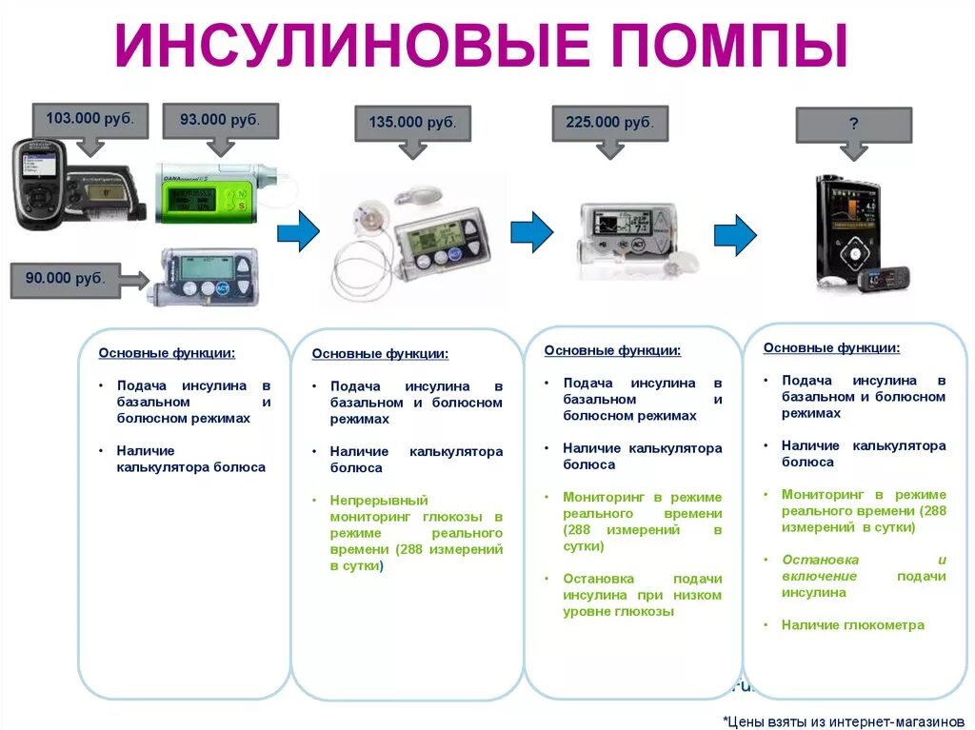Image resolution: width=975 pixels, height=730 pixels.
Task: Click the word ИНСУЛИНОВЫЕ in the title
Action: coord(351,45)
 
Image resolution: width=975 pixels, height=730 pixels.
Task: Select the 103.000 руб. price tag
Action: coord(90,120)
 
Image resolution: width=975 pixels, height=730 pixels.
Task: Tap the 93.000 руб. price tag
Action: coord(220,120)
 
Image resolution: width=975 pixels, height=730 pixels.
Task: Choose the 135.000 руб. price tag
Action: coord(412,123)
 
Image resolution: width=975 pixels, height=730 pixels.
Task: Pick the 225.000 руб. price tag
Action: coord(609,123)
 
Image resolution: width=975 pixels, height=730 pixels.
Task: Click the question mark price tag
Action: coord(853,124)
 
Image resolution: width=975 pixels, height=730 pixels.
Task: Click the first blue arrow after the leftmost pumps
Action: coord(298,232)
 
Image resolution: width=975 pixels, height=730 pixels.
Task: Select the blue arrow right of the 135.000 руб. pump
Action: coord(531,231)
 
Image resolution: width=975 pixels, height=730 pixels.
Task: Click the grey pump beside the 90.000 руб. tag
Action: coord(204,276)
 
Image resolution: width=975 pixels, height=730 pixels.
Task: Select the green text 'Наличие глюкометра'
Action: coord(852,625)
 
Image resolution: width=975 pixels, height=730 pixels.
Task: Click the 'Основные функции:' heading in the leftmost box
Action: coord(167,353)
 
